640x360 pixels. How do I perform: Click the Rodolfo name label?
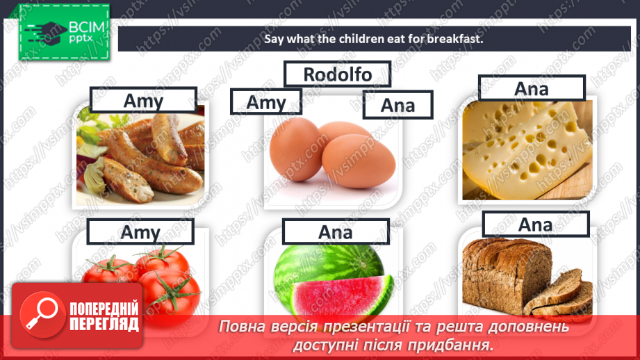(337, 74)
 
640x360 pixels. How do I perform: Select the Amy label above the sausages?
(143, 101)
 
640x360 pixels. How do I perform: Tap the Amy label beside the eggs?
(266, 102)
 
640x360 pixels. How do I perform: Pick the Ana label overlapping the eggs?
(397, 104)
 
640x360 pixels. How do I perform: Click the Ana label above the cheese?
(532, 88)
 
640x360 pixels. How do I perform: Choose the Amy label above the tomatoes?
(140, 231)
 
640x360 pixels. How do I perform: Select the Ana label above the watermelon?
(335, 231)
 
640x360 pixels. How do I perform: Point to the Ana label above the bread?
(535, 224)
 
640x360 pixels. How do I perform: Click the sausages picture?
(142, 156)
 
